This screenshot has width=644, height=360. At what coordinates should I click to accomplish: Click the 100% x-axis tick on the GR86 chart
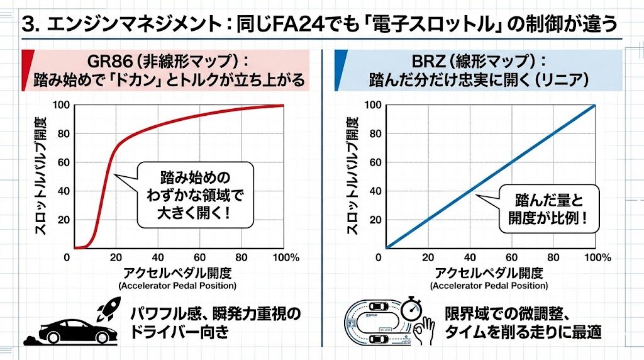click(286, 257)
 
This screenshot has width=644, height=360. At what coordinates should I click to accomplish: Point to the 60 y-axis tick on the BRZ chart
click(373, 162)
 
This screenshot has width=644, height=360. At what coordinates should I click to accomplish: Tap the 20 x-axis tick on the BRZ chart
click(428, 257)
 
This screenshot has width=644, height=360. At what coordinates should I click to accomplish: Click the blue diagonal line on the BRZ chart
click(491, 177)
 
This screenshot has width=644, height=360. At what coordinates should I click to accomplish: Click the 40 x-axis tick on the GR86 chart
click(158, 257)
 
